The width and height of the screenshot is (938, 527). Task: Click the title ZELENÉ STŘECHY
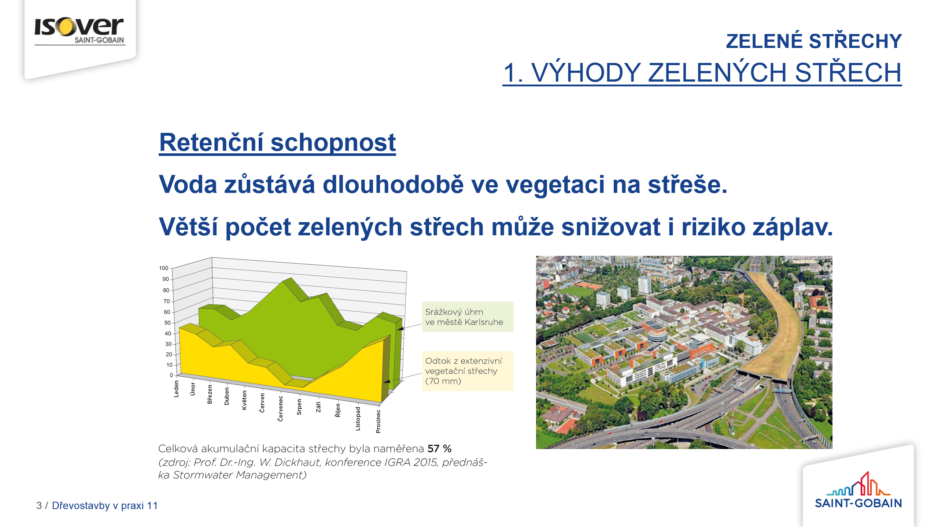814,41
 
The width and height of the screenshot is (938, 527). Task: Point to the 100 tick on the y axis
164,268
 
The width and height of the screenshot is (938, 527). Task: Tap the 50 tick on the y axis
167,323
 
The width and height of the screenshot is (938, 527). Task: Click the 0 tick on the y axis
171,375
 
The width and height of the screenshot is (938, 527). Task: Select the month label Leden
176,389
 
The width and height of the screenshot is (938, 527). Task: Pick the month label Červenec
281,408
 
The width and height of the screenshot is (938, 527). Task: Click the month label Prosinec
378,421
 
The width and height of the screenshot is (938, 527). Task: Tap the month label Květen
244,400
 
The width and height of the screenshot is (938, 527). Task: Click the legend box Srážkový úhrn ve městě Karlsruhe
468,317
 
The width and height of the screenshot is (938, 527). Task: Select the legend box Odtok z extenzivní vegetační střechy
468,371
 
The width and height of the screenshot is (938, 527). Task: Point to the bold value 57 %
439,449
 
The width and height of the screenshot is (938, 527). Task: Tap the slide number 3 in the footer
39,505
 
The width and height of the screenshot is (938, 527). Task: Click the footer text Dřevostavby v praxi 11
105,505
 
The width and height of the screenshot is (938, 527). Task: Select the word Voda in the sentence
188,184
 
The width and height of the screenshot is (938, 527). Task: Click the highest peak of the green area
291,278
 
